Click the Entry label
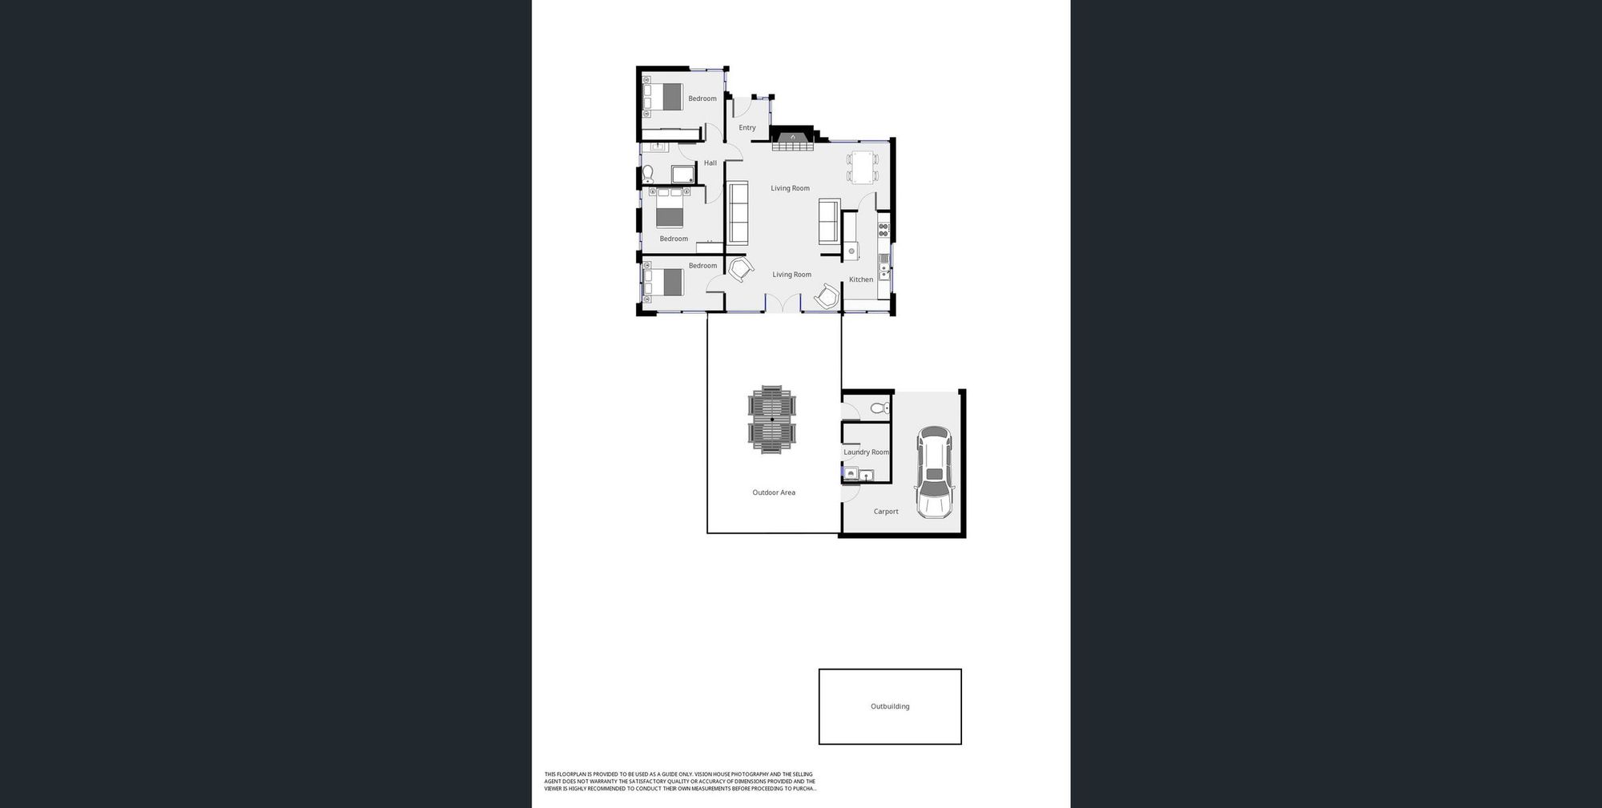tap(747, 128)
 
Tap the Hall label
tap(710, 163)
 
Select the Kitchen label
tap(861, 279)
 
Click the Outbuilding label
tap(890, 706)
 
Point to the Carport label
tap(886, 512)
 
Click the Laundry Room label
tap(866, 452)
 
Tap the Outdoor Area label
tap(774, 492)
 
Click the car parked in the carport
tap(935, 472)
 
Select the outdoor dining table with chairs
tap(772, 420)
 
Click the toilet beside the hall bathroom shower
tap(648, 174)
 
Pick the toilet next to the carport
tap(879, 408)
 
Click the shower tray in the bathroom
tap(682, 175)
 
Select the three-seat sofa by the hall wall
tap(738, 213)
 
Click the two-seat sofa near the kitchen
tap(828, 221)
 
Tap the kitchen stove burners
tap(884, 230)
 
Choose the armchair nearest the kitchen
tap(827, 296)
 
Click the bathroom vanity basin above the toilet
tap(655, 147)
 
